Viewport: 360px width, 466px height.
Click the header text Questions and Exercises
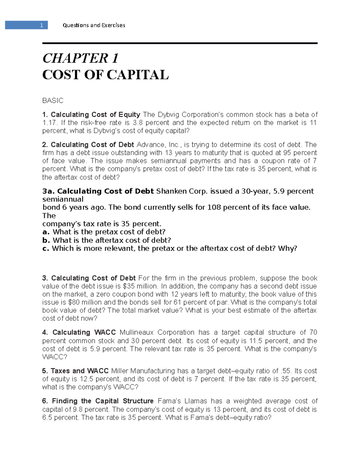94,25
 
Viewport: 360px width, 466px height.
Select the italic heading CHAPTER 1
80,58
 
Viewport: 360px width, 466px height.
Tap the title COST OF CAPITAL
105,75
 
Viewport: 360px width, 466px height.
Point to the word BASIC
53,101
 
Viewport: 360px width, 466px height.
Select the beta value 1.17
49,123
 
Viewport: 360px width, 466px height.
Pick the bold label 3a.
48,191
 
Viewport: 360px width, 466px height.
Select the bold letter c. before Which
46,248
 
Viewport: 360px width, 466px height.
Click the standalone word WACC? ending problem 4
55,357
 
